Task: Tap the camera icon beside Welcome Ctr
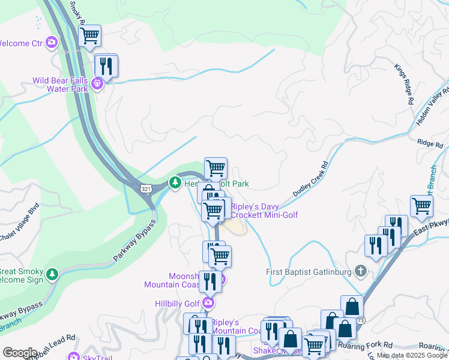click(x=52, y=42)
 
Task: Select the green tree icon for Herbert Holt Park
click(x=175, y=182)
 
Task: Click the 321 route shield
click(x=147, y=188)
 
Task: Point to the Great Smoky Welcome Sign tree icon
click(x=53, y=274)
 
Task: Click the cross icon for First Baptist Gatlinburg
click(x=360, y=271)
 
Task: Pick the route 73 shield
click(x=360, y=321)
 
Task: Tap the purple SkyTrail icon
click(x=74, y=356)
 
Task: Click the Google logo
click(x=20, y=353)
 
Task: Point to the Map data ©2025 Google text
click(x=412, y=356)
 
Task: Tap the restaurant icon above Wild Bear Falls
click(x=106, y=66)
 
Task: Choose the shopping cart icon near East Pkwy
click(x=422, y=206)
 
